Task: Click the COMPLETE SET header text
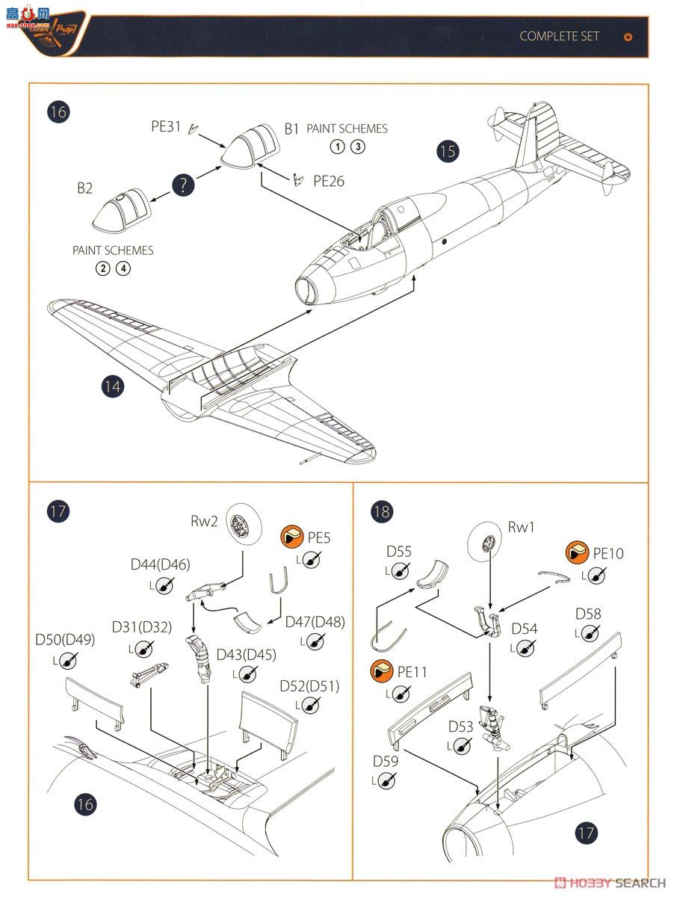tap(559, 36)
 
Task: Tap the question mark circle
tap(184, 185)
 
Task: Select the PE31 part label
tap(166, 127)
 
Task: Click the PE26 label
tap(329, 180)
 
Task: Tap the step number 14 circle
tap(113, 386)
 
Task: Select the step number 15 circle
tap(447, 151)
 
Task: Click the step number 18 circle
tap(382, 511)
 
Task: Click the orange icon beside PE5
tap(292, 537)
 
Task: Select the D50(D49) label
tap(65, 640)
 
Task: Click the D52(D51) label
tap(309, 686)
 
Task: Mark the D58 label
tap(588, 614)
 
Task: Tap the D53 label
tap(461, 727)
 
